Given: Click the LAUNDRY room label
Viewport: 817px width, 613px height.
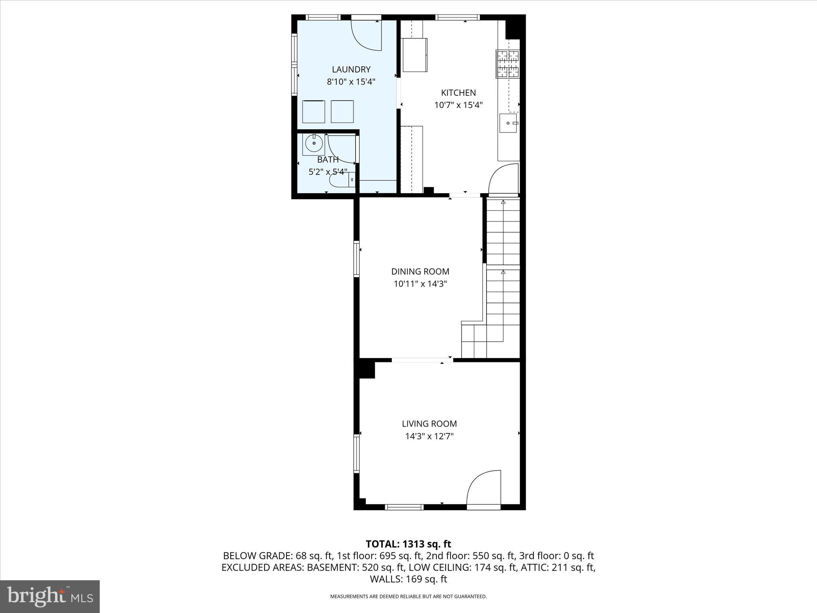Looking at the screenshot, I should pyautogui.click(x=351, y=69).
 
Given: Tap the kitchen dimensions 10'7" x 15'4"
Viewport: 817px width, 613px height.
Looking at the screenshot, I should pyautogui.click(x=458, y=105).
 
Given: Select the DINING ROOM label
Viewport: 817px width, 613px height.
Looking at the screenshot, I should pyautogui.click(x=420, y=271).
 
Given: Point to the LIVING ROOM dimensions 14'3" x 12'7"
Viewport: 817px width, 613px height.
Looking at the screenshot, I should pyautogui.click(x=429, y=436).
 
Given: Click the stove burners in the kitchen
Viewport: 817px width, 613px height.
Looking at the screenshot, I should pyautogui.click(x=508, y=63).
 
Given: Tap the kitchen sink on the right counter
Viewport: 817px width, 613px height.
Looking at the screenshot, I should pyautogui.click(x=508, y=123).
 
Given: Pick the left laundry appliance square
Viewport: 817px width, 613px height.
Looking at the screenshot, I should pyautogui.click(x=314, y=112).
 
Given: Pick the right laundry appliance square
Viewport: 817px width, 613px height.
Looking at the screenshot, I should pyautogui.click(x=342, y=112).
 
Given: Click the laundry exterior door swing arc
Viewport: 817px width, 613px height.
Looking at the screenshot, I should pyautogui.click(x=365, y=38).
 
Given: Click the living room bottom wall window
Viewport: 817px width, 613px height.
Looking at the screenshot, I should pyautogui.click(x=404, y=507).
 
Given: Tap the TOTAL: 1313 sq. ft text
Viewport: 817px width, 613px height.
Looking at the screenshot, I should pyautogui.click(x=408, y=544).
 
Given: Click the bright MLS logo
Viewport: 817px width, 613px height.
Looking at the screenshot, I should pyautogui.click(x=50, y=596).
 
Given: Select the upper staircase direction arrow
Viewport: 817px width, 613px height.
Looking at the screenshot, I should pyautogui.click(x=503, y=203).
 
